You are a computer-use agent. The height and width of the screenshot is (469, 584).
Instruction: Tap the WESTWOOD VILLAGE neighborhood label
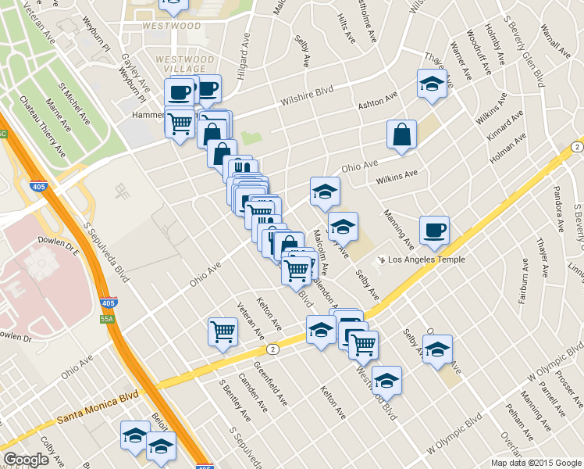184,63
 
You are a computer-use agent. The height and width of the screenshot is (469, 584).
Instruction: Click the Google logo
26,460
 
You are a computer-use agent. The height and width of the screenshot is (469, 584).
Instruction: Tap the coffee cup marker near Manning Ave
434,230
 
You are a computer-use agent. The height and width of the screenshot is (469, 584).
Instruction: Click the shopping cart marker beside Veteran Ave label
223,331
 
